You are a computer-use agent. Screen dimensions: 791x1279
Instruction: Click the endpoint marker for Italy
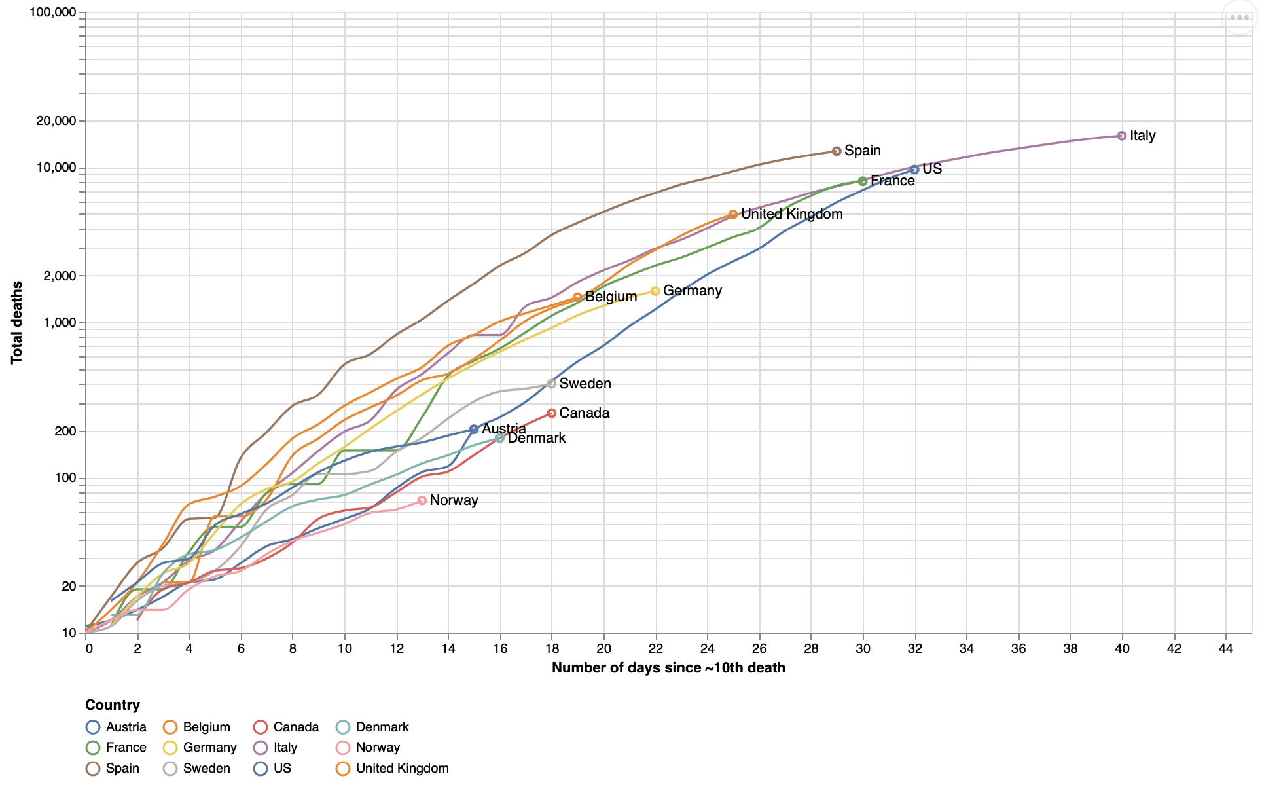point(1122,136)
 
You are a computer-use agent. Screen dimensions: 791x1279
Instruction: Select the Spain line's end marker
point(837,151)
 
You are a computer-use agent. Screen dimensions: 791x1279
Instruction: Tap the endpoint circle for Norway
point(422,500)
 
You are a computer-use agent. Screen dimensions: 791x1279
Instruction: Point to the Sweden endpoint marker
point(552,384)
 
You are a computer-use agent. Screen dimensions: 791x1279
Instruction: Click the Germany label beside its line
point(693,291)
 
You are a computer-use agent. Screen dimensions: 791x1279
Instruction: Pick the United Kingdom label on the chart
point(792,214)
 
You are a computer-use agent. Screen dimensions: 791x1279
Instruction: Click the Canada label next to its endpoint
point(585,413)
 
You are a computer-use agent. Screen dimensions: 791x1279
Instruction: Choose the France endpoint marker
point(863,181)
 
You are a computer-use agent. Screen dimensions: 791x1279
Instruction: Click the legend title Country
point(113,705)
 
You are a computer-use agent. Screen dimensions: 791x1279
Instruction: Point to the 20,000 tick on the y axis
point(56,121)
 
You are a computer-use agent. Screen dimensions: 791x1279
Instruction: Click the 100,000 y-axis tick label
point(53,12)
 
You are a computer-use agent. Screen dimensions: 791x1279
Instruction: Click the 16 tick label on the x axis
point(500,648)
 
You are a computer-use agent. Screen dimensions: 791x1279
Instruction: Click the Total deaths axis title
point(17,322)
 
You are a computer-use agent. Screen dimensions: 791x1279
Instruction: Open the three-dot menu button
point(1240,18)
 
